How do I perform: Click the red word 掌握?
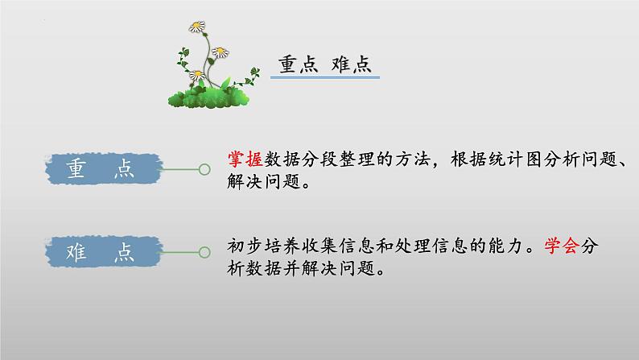pyautogui.click(x=245, y=160)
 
